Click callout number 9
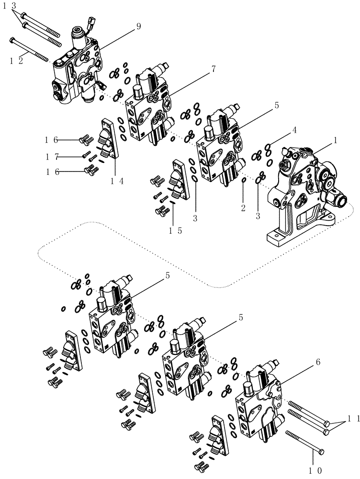138,27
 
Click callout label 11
351,419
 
